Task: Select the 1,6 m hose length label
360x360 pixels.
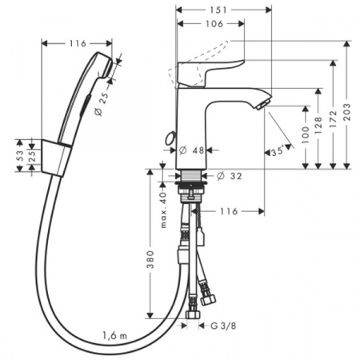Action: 114,337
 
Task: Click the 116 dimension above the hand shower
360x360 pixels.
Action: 77,42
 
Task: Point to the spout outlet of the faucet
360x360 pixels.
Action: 262,105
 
